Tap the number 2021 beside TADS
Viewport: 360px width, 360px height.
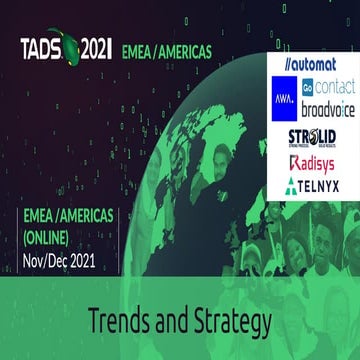(96, 47)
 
